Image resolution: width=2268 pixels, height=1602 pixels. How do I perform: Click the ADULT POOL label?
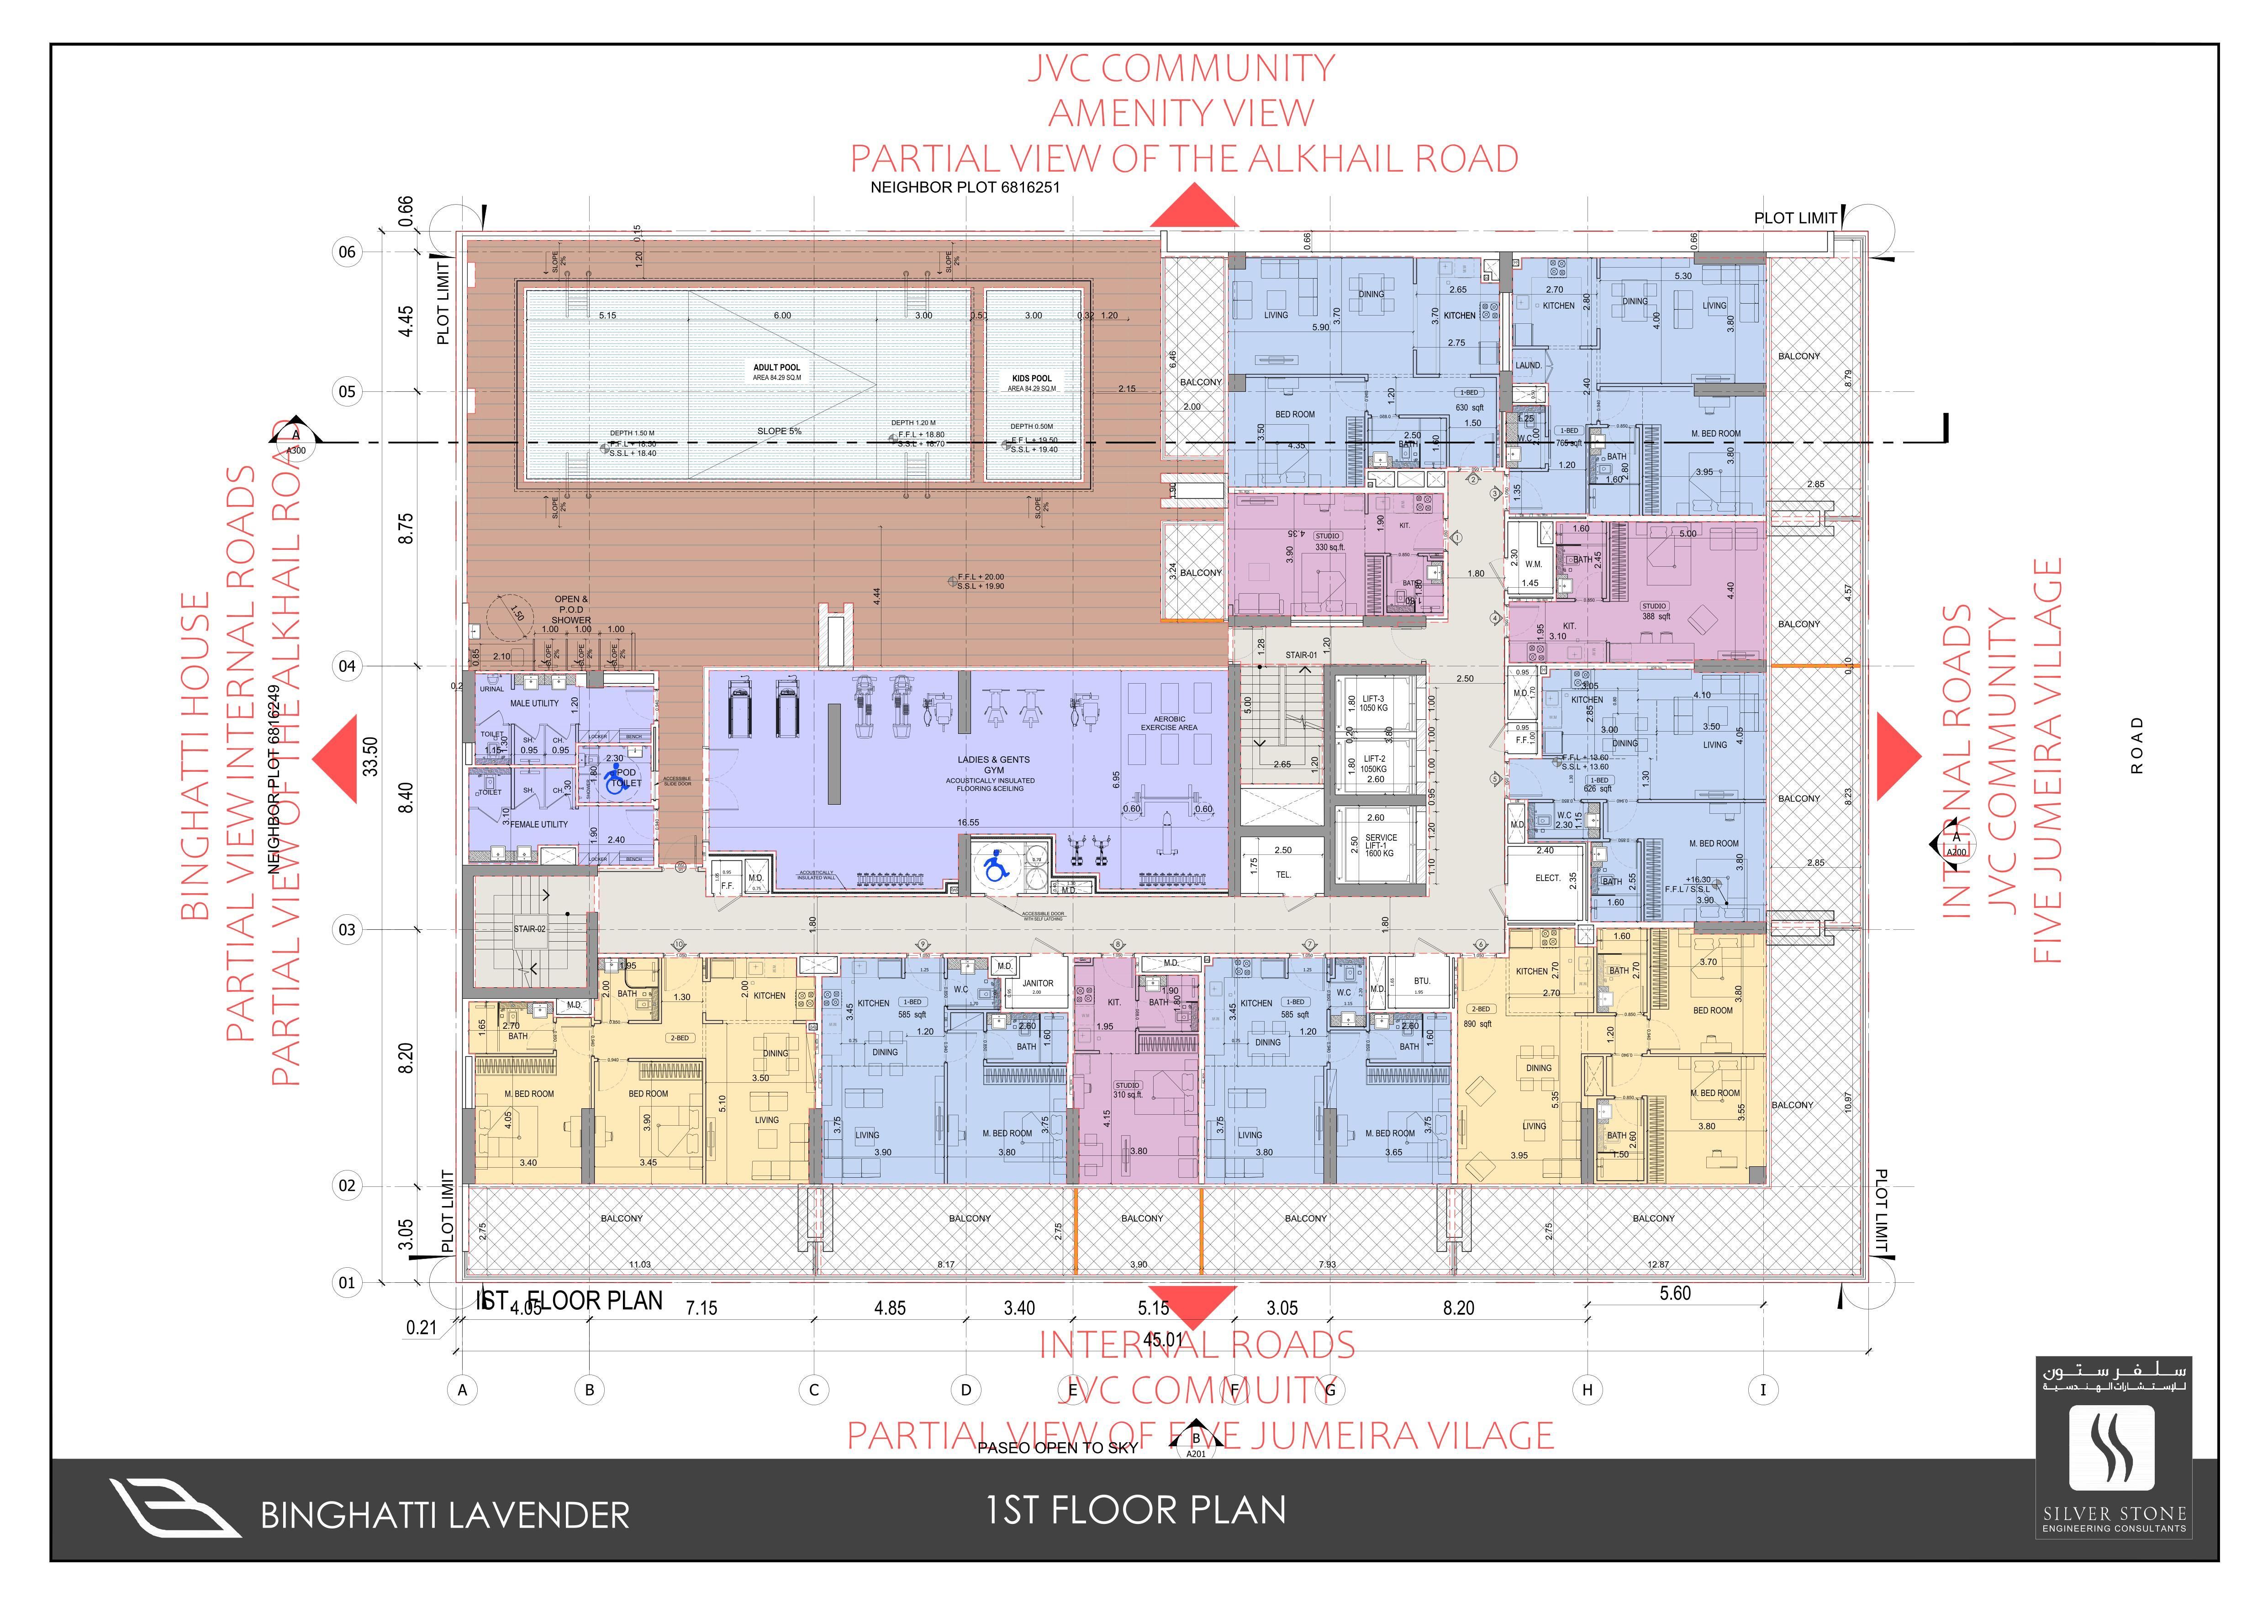pos(776,368)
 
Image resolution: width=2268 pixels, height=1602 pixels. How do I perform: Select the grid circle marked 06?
pos(347,252)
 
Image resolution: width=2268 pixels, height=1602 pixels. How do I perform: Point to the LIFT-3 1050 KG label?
pos(1373,703)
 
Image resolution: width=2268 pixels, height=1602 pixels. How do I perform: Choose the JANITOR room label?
pos(1037,984)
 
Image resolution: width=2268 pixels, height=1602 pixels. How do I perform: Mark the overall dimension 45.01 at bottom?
pos(1163,1340)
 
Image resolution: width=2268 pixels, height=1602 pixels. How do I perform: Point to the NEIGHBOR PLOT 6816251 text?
pos(965,187)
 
